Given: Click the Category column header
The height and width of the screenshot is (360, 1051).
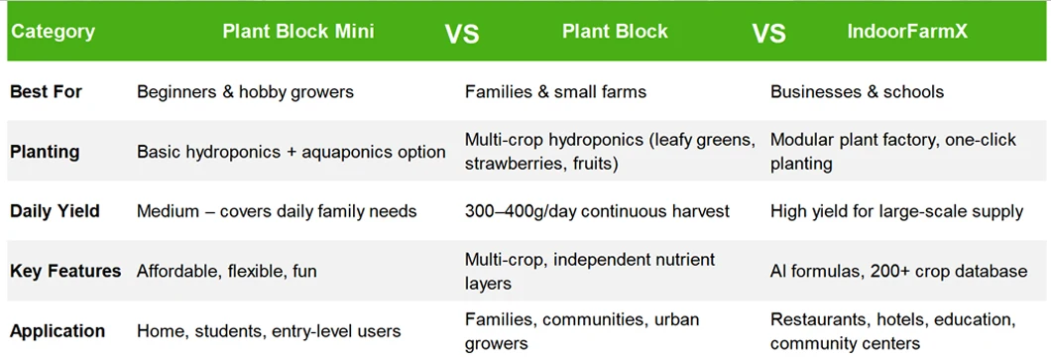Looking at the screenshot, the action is click(53, 32).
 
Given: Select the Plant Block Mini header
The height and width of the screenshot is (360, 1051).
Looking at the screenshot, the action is click(298, 32).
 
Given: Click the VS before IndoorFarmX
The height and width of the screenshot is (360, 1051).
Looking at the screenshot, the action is click(768, 33).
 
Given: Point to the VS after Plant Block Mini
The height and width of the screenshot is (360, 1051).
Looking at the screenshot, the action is click(462, 33).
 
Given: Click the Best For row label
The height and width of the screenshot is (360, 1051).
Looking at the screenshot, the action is click(46, 92).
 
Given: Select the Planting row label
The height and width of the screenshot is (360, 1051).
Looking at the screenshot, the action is click(45, 152).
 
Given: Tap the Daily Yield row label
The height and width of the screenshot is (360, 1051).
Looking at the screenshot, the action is click(55, 212).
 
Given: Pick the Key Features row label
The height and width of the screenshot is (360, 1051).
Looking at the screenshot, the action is click(65, 272).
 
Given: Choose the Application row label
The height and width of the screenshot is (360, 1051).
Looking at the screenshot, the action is click(57, 332).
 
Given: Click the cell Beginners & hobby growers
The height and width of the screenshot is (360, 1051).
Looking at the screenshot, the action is click(245, 92).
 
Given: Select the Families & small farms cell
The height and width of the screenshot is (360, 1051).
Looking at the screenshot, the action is click(555, 92).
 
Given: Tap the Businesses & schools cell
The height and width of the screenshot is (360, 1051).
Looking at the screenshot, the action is click(858, 92).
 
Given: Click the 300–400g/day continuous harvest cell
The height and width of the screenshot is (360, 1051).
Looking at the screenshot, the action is click(597, 212).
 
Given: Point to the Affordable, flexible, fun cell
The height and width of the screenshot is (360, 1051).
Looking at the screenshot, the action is click(226, 272).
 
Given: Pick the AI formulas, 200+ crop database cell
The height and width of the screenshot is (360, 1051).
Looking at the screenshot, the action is click(899, 272).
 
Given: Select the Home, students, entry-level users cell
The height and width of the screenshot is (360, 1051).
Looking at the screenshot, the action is click(269, 332).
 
